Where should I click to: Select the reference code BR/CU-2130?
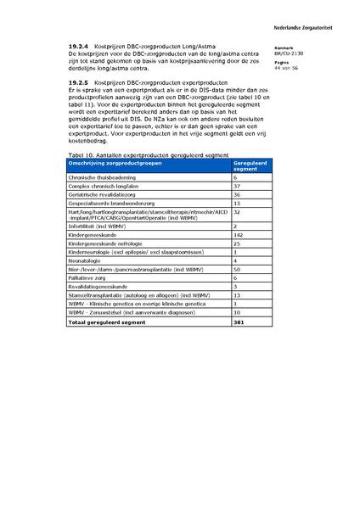click(289, 53)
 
